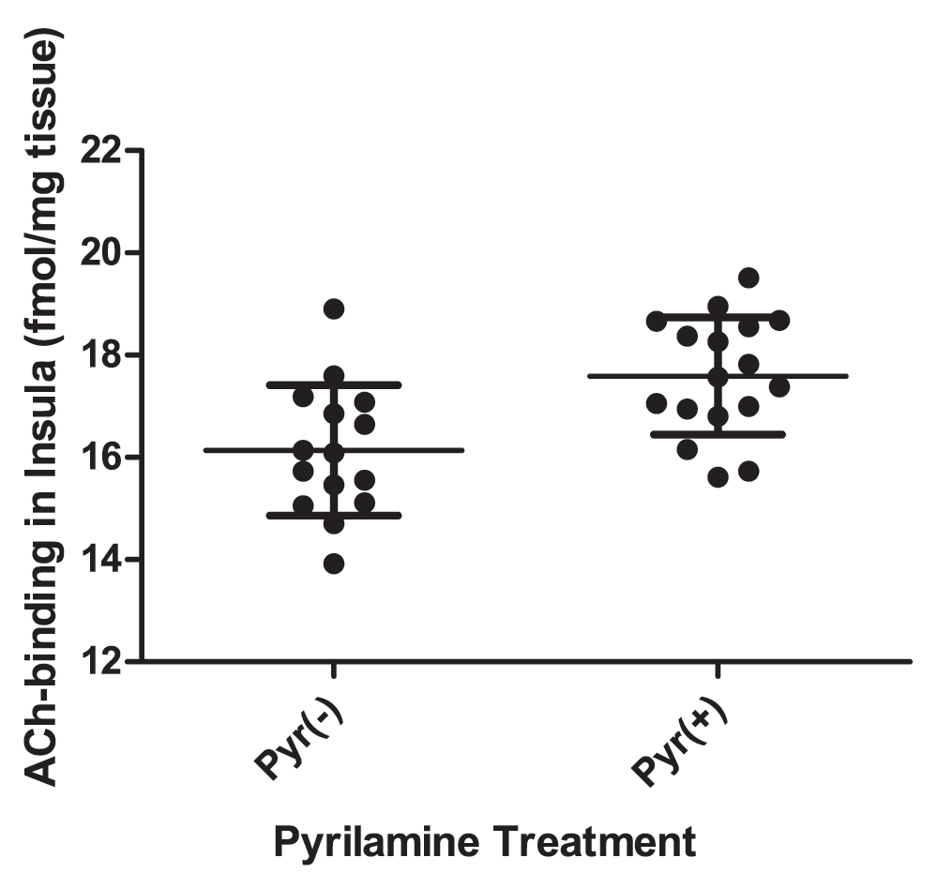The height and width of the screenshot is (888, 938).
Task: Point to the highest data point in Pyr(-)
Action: point(334,309)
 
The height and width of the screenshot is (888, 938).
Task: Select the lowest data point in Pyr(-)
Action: point(334,564)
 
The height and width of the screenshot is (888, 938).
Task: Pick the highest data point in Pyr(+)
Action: point(749,278)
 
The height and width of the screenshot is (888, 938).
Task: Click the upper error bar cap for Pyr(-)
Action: point(334,384)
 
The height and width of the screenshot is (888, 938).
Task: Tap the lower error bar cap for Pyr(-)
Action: point(334,515)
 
